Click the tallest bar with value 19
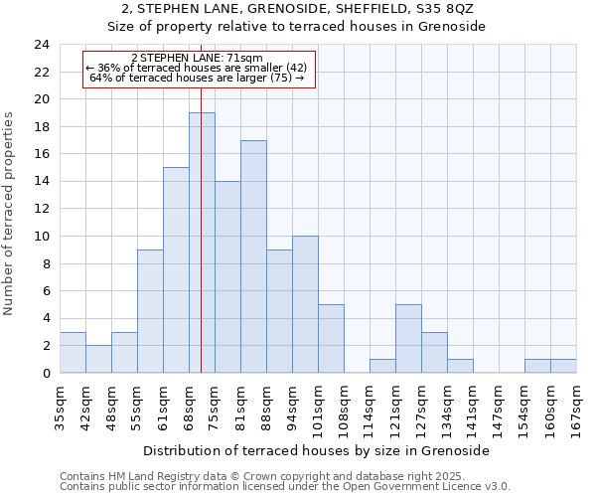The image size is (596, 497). point(202,243)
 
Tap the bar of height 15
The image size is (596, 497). point(176,270)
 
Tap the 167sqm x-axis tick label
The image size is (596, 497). point(576,405)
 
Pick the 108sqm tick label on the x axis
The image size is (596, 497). point(344,405)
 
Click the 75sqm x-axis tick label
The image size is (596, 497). point(215,402)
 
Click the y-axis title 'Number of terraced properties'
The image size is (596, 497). point(9,213)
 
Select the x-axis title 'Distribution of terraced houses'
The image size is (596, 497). point(316,450)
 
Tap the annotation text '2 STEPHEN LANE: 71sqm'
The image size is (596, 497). point(197,58)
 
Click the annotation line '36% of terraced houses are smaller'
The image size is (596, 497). point(197,68)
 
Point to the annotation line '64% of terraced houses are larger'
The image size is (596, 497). point(197,78)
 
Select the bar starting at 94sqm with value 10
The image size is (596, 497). point(305,304)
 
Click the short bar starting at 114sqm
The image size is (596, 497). point(382,366)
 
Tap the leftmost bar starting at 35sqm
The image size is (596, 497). point(73,353)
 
